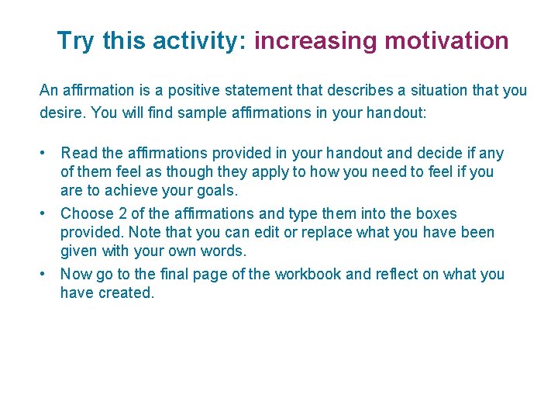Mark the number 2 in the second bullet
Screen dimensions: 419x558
(x=121, y=213)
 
